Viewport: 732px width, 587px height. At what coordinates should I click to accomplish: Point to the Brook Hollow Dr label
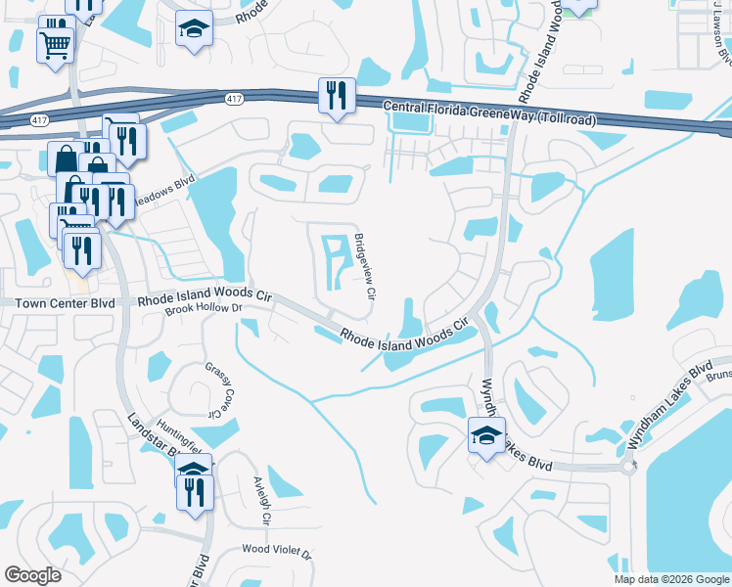(202, 309)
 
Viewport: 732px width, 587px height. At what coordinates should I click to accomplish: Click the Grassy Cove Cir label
(220, 387)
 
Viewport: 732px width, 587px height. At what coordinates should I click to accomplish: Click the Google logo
(33, 575)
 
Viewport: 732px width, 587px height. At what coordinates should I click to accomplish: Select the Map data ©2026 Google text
(671, 579)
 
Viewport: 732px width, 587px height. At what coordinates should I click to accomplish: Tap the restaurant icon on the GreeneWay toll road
(336, 96)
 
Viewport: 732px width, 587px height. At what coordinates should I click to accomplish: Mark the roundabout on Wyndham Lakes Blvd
(627, 466)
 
